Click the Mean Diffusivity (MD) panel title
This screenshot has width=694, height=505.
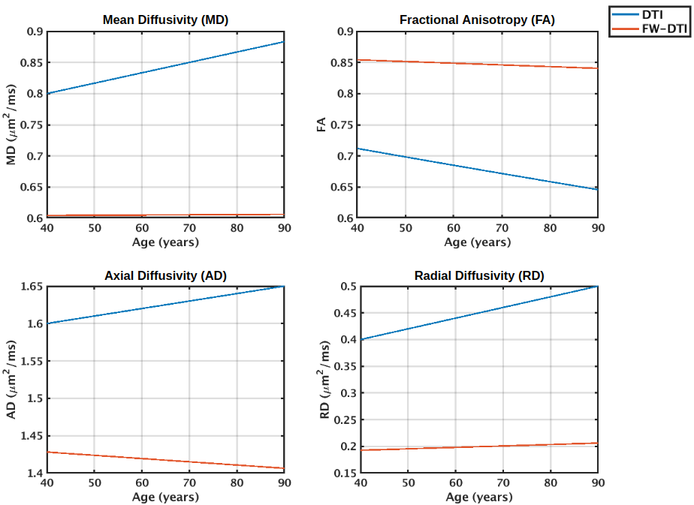click(x=165, y=20)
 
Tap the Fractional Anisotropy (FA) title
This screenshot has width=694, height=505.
click(x=477, y=20)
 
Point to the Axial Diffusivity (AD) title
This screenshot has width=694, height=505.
click(x=165, y=276)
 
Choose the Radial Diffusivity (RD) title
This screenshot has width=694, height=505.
click(x=479, y=276)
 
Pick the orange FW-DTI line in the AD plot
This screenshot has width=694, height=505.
click(x=165, y=461)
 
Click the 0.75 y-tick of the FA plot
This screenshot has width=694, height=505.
click(x=344, y=125)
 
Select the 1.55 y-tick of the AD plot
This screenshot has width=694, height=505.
click(x=31, y=361)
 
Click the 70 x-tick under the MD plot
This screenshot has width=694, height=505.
click(x=189, y=228)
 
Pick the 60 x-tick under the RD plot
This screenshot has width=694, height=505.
click(x=455, y=483)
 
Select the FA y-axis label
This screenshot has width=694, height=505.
click(x=321, y=125)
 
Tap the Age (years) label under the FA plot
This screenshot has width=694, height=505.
click(x=478, y=242)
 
